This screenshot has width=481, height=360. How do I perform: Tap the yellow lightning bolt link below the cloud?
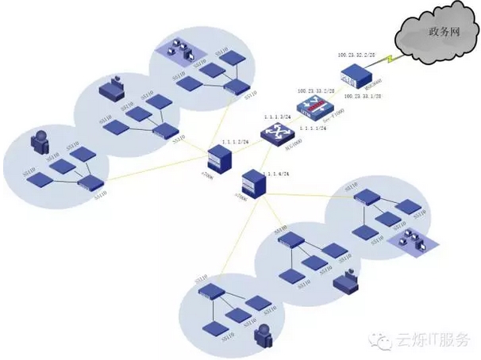(x=387, y=59)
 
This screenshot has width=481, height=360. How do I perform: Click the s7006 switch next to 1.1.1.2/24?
(x=215, y=160)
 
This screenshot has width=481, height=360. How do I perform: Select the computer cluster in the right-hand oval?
(x=410, y=241)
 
